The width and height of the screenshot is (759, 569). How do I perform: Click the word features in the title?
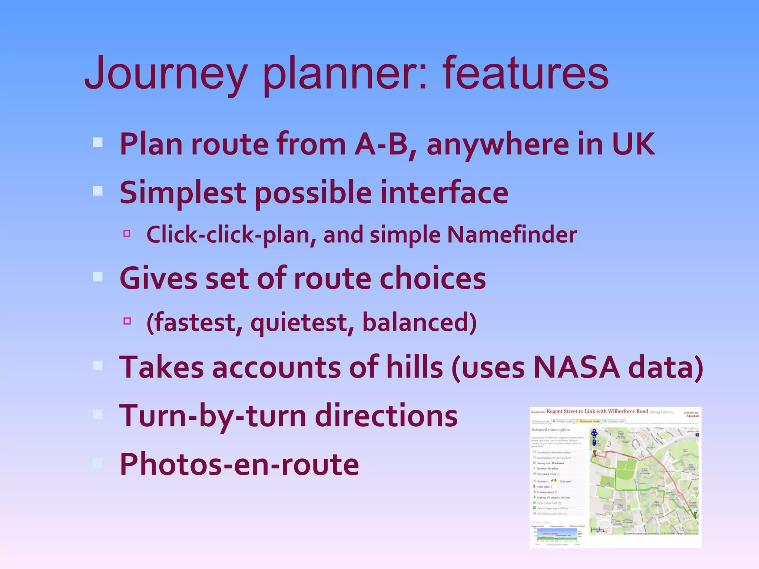pyautogui.click(x=525, y=73)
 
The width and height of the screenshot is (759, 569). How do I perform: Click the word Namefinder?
pyautogui.click(x=512, y=235)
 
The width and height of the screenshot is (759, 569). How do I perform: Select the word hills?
pyautogui.click(x=414, y=367)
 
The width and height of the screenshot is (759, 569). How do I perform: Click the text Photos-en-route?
pyautogui.click(x=239, y=465)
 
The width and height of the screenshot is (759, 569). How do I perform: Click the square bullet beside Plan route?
pyautogui.click(x=97, y=143)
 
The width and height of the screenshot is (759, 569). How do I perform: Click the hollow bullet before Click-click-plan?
pyautogui.click(x=127, y=233)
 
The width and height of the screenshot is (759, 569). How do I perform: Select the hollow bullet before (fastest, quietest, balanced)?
pyautogui.click(x=127, y=321)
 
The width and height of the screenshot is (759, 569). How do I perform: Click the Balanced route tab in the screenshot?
pyautogui.click(x=588, y=421)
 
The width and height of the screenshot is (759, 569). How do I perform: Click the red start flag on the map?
pyautogui.click(x=594, y=453)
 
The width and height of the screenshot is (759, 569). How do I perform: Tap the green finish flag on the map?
pyautogui.click(x=695, y=515)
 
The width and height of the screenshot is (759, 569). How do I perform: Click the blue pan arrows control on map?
pyautogui.click(x=594, y=433)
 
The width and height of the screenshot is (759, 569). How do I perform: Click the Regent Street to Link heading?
pyautogui.click(x=597, y=411)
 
